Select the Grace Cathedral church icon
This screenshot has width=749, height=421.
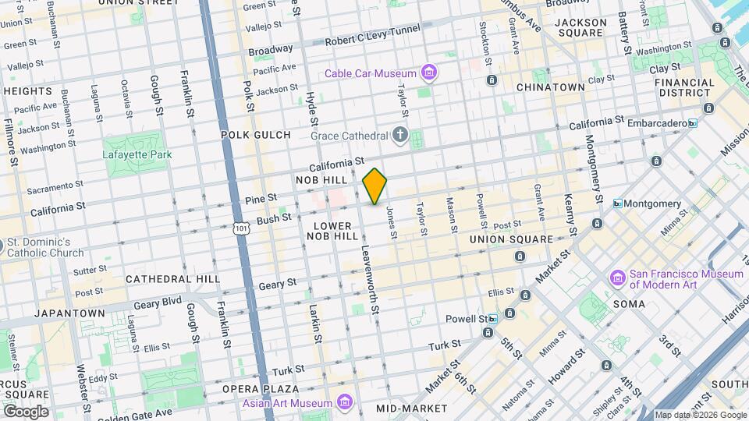coord(399,136)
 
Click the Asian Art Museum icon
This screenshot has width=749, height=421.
coord(345,403)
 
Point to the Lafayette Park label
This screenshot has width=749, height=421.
coord(137,154)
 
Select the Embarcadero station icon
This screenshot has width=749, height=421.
coord(692,123)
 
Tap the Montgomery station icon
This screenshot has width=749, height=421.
coord(618,204)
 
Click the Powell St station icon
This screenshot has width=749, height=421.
coord(493,319)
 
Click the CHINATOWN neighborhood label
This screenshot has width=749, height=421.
coord(550,87)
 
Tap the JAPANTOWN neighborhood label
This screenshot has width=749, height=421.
coord(70,313)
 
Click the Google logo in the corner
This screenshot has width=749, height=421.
coord(25,412)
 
